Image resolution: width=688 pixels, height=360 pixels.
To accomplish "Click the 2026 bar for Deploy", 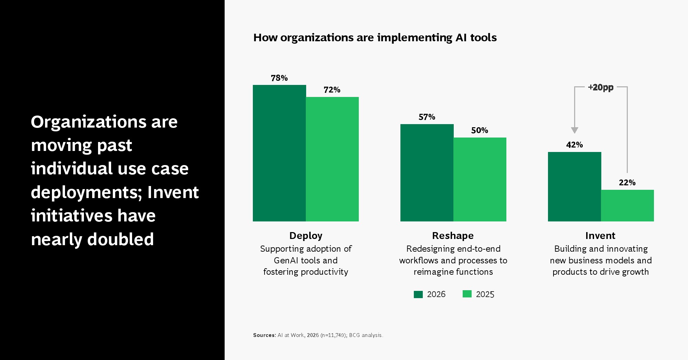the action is coord(279,153).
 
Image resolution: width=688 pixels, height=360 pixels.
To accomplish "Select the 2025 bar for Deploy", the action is coord(332,159).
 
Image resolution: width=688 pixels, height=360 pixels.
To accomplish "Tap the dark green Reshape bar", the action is coord(427,173).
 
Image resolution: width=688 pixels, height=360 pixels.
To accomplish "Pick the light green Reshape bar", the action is coord(480,179).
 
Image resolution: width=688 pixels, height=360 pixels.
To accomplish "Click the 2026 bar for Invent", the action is coord(574,187).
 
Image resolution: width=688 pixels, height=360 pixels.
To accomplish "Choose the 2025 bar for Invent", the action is coord(627,206).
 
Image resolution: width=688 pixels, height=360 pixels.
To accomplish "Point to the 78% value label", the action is coord(279,78).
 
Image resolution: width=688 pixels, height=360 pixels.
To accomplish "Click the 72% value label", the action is coord(332,90).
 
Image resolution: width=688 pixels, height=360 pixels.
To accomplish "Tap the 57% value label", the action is coord(427,117).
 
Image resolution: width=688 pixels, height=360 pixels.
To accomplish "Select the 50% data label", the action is coord(480,130).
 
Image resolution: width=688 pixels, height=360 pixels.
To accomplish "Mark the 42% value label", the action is coord(574,145).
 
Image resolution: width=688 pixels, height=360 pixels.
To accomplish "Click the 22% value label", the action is coord(627,183).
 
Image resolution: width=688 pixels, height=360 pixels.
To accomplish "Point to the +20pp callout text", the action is coord(601,87).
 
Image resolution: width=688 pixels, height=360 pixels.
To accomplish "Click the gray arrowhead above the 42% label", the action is coord(574,130).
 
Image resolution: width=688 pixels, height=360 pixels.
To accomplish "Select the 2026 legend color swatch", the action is coord(418,294).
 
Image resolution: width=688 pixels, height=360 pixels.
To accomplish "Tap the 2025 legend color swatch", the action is coord(467,294).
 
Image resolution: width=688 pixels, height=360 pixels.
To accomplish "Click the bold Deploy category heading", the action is coord(306,236).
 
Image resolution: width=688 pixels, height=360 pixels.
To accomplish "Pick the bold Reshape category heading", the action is coord(453,236).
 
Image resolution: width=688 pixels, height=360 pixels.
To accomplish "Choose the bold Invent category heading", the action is coord(600,236).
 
